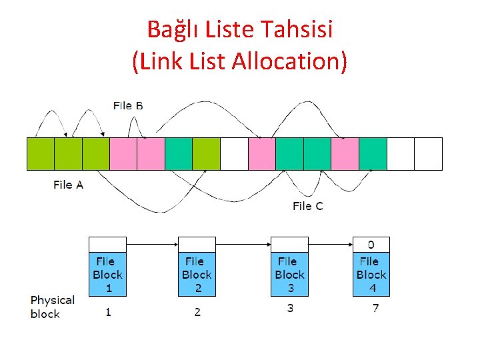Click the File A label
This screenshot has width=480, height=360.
(68, 185)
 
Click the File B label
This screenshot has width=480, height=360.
(128, 105)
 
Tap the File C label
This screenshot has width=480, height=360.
(307, 206)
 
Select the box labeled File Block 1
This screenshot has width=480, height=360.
(108, 274)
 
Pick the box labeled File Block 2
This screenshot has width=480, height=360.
(197, 274)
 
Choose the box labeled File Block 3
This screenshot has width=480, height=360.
(290, 274)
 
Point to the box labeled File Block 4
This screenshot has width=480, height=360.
(371, 274)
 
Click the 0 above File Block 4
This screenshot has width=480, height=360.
(371, 244)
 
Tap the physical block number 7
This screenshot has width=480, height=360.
(376, 309)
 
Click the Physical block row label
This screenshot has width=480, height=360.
(53, 307)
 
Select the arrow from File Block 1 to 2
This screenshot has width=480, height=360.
(152, 245)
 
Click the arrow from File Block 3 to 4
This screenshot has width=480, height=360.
(331, 245)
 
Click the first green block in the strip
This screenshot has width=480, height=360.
(41, 154)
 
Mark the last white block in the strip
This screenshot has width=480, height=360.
(428, 154)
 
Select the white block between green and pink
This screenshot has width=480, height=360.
(234, 154)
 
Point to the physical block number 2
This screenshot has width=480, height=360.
(197, 311)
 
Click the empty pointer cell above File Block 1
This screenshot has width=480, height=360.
(108, 244)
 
